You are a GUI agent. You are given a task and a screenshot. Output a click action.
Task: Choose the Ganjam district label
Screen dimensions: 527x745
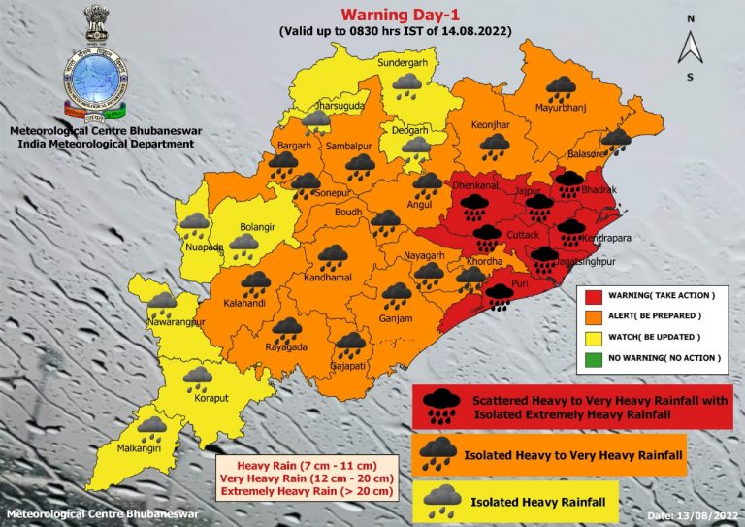(x=396, y=318)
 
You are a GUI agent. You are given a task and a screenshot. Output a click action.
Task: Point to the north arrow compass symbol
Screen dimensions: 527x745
(x=690, y=45)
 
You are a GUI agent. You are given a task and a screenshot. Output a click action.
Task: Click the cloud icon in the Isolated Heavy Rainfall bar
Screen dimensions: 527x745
(x=443, y=498)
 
